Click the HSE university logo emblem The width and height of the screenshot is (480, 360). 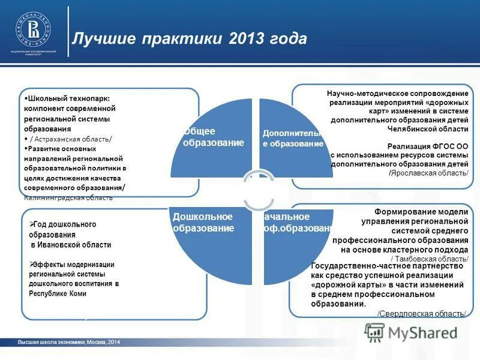tap(33, 29)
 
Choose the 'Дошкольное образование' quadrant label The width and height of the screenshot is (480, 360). tap(203, 222)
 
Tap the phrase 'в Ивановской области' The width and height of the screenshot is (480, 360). tap(71, 245)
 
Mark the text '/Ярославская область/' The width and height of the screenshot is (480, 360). tap(428, 173)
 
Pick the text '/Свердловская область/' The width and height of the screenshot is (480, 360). tap(422, 314)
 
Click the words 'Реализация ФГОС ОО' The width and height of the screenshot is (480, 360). tap(427, 146)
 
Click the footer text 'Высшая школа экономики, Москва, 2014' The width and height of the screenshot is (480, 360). tap(69, 342)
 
